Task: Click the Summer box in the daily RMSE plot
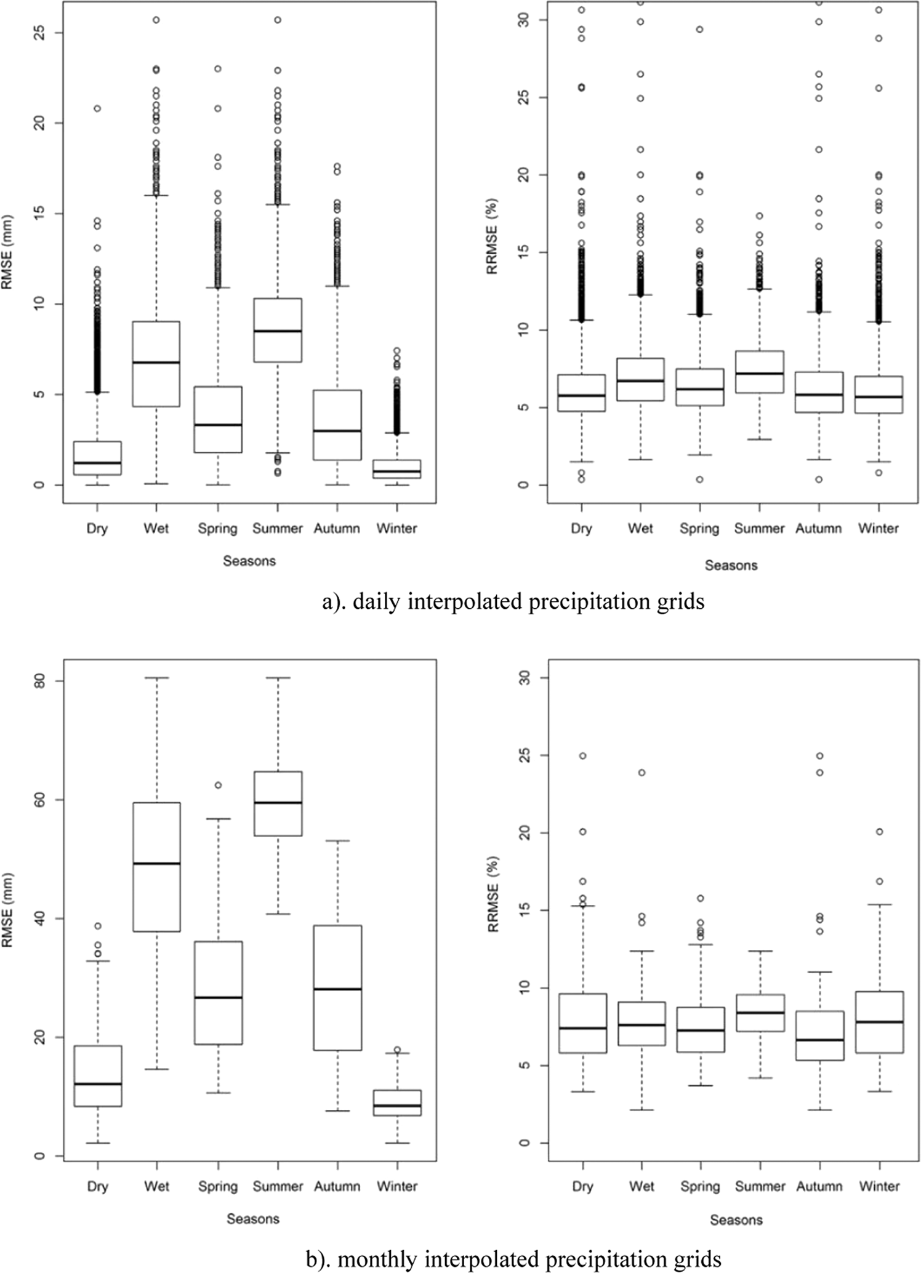coord(278,330)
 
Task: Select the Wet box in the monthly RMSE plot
coord(156,866)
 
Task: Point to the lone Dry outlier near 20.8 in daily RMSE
coord(97,109)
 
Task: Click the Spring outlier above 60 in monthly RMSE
coord(217,785)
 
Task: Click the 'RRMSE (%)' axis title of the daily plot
coord(493,236)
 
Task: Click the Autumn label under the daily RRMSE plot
coord(818,529)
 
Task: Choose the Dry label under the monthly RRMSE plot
coord(582,1186)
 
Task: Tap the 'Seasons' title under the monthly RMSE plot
coord(252,1219)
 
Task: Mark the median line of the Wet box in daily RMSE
coord(156,363)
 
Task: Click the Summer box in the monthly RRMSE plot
coord(760,1013)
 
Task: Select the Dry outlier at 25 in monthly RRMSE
coord(582,756)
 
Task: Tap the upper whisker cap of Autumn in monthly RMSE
coord(337,841)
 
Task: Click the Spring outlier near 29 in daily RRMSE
coord(700,30)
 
